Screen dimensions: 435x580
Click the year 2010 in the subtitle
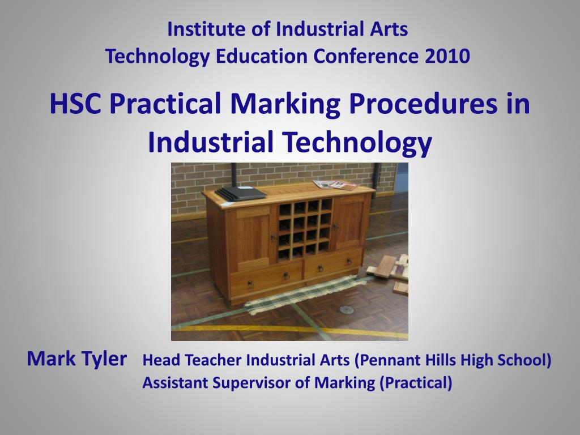449,56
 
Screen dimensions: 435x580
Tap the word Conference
366,56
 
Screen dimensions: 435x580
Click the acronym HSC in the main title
76,105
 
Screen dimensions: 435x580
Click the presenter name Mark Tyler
77,359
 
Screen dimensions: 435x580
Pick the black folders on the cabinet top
240,193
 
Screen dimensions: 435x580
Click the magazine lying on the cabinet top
336,185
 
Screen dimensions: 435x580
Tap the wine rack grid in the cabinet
305,228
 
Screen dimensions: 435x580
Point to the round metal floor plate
344,310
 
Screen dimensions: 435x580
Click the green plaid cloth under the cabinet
300,294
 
